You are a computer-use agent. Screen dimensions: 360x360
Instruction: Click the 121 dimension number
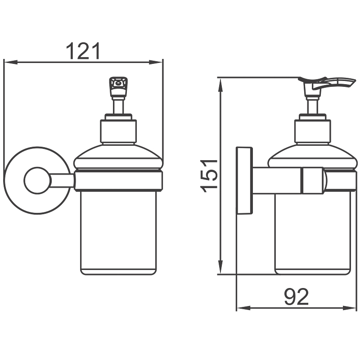point(83,51)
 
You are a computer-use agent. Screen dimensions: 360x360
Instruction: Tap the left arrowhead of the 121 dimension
point(10,62)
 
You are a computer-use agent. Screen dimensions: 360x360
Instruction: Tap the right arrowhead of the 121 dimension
point(156,62)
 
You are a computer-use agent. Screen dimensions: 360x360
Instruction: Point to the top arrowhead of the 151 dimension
point(220,85)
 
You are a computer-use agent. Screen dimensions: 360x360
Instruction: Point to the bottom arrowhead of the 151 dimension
point(220,267)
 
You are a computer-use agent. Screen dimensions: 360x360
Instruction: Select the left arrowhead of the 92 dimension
point(243,308)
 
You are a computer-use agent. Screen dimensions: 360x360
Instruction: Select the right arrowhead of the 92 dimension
point(350,308)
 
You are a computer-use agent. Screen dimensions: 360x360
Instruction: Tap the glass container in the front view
point(118,232)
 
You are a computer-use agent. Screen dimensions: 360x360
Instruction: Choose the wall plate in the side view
point(244,181)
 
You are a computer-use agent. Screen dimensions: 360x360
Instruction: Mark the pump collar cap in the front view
point(118,130)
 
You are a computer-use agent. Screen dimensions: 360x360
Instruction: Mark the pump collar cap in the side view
point(313,130)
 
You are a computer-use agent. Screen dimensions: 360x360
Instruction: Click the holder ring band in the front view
point(118,181)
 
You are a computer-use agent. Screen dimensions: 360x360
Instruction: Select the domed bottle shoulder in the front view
point(118,157)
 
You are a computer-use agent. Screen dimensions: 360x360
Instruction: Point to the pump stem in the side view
point(313,106)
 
